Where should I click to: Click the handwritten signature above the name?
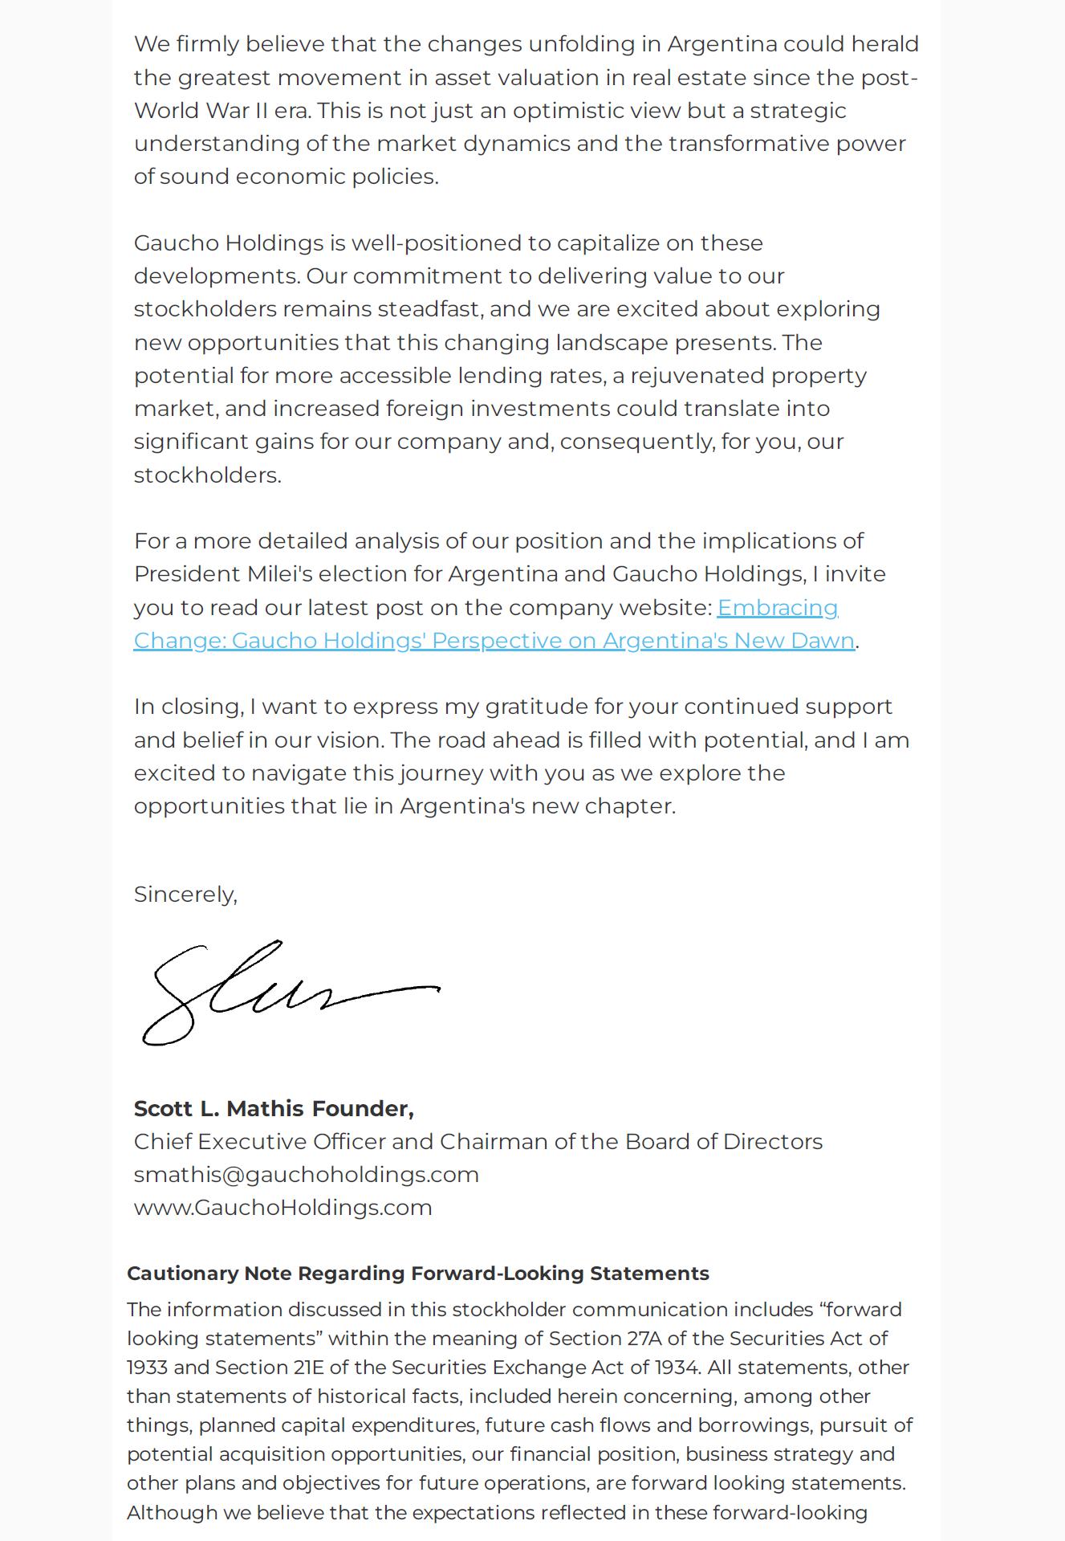289,993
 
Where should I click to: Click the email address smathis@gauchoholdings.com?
306,1174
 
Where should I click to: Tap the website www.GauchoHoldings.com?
283,1207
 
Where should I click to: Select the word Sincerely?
185,894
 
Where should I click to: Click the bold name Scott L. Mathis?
218,1108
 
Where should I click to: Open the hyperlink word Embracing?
777,608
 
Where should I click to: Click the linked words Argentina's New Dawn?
728,641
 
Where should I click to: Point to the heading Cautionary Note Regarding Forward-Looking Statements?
417,1274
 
